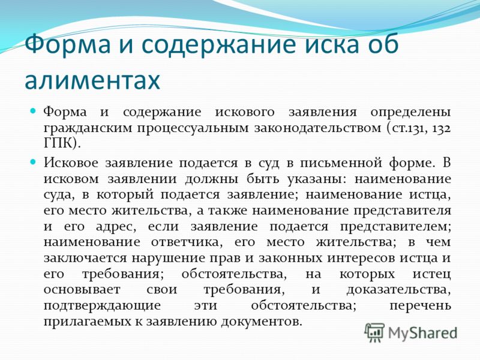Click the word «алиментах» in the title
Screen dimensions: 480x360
pos(92,80)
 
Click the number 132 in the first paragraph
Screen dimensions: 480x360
pos(442,128)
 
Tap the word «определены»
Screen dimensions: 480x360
pos(410,112)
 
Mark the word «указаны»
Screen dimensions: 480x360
pos(316,179)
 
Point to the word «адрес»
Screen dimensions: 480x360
pos(115,227)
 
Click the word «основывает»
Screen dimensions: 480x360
pos(82,290)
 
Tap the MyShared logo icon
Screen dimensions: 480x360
pos(374,332)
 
